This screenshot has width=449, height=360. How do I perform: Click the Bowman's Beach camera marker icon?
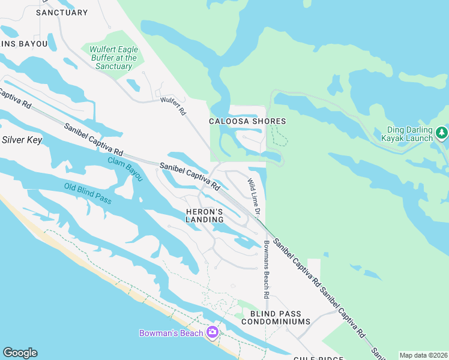(212, 332)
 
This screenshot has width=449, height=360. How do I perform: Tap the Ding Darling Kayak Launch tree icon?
(441, 131)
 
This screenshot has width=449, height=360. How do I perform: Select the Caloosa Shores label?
(247, 121)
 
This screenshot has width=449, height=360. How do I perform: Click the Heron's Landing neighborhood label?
(204, 216)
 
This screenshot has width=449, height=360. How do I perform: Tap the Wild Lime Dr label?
(254, 197)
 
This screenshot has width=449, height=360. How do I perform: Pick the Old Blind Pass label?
(88, 194)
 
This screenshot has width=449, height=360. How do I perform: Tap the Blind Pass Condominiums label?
(276, 318)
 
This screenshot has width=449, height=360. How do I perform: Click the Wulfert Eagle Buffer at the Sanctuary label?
(113, 58)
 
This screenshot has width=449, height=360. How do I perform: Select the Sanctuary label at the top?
(62, 13)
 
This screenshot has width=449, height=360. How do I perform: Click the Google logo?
(20, 353)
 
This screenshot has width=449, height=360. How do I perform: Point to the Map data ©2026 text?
(423, 355)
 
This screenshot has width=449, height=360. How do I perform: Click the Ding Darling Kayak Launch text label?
(406, 134)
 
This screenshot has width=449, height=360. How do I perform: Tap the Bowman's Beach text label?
(172, 333)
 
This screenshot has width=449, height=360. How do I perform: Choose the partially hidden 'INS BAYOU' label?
(17, 43)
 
